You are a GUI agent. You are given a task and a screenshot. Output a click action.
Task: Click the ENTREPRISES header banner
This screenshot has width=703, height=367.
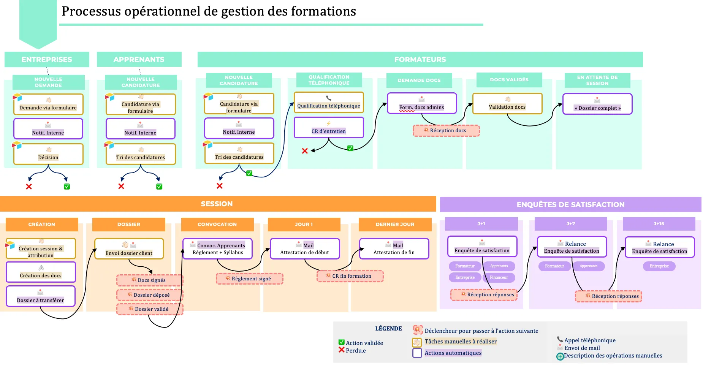47,60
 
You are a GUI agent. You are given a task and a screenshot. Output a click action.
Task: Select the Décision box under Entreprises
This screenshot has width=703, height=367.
48,154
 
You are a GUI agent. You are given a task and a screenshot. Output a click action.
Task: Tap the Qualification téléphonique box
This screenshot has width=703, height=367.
329,103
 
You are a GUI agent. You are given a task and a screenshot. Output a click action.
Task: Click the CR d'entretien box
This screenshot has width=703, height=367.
329,128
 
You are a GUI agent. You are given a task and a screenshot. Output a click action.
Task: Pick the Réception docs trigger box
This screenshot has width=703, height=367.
446,131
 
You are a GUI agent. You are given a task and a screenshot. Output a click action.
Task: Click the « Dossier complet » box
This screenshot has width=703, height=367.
597,104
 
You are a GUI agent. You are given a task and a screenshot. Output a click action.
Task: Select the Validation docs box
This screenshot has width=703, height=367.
507,103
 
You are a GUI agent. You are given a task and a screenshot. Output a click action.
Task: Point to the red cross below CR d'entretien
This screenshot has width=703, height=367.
305,151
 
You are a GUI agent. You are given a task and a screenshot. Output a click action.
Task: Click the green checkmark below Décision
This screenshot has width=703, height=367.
67,187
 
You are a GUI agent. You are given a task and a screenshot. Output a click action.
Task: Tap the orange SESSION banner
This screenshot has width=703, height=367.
217,204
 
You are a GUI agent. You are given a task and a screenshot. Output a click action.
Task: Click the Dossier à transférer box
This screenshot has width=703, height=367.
41,296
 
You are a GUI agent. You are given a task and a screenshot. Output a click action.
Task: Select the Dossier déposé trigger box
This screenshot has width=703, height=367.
150,295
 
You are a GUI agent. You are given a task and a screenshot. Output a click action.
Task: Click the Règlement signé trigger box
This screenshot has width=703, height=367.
250,278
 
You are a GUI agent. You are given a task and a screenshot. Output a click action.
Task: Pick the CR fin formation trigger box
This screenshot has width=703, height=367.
350,276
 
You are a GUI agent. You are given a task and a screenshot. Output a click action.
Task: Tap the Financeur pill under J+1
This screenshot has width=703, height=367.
499,278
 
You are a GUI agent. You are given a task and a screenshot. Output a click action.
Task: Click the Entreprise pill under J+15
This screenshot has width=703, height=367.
659,266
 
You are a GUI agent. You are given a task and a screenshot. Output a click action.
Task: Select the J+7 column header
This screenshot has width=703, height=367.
570,224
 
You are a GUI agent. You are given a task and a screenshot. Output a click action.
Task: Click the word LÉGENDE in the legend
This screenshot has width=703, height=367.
388,329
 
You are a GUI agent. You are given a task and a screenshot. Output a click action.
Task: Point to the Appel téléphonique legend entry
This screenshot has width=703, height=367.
589,340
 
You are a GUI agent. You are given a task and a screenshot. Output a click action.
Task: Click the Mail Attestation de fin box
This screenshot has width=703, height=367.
394,249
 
